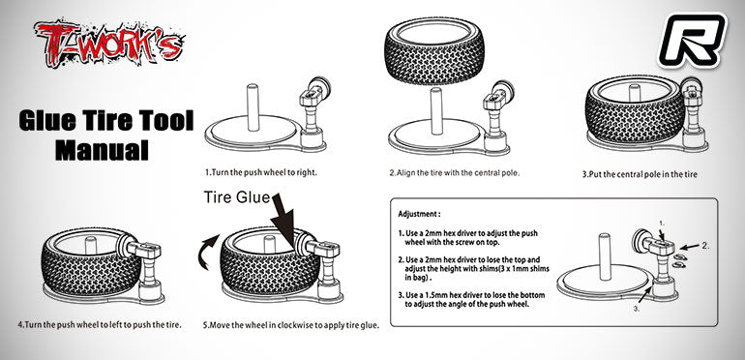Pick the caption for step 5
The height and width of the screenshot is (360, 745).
pos(290,323)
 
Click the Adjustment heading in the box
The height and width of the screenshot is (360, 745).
pos(420,213)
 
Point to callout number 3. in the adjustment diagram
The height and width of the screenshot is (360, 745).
pos(665,310)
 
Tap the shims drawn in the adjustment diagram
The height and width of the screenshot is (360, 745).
pos(680,258)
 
